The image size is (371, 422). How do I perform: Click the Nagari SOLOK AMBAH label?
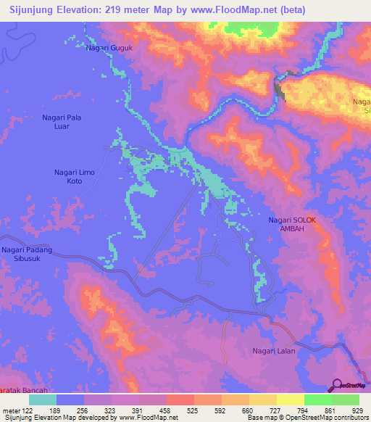pos(293,224)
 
